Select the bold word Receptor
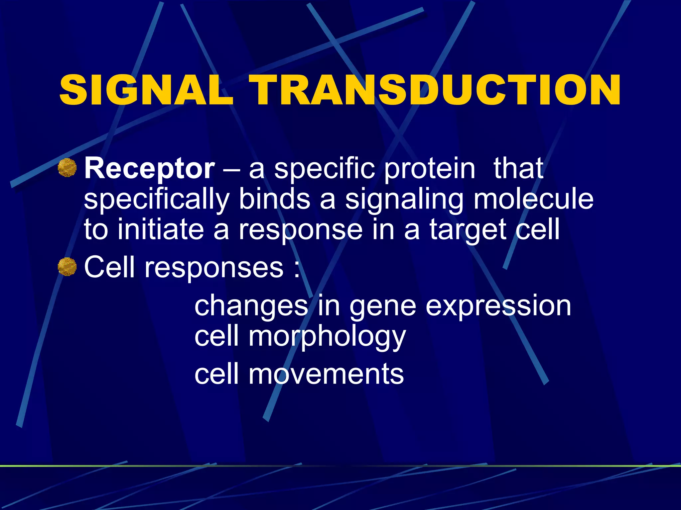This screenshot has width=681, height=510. click(x=150, y=169)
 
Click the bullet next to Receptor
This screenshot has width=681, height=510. click(x=67, y=168)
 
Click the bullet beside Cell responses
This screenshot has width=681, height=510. click(x=67, y=267)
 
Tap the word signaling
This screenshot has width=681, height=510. click(x=404, y=200)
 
